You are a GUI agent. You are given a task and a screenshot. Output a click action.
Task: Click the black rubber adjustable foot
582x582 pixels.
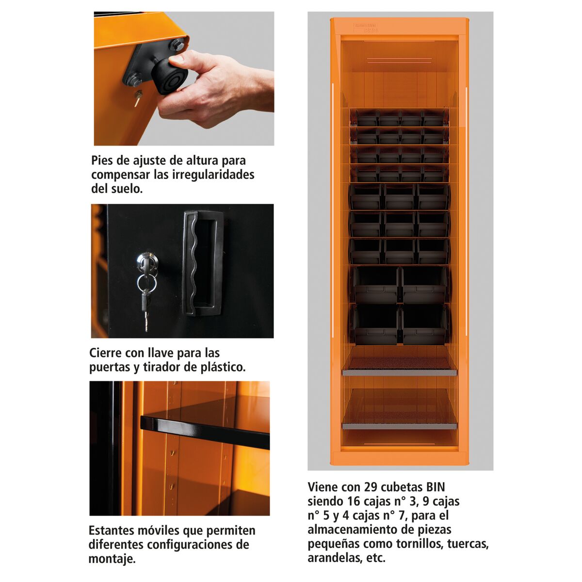click(x=169, y=76)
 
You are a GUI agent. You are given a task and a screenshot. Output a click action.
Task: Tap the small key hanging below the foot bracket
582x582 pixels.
click(x=138, y=97)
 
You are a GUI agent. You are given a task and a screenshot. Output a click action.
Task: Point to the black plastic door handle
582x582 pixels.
click(x=203, y=263)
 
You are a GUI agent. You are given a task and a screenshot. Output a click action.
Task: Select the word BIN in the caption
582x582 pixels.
click(x=436, y=487)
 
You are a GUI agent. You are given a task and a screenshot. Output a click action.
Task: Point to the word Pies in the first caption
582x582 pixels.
click(x=102, y=161)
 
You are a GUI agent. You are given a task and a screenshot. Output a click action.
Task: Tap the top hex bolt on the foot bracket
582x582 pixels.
click(x=178, y=45)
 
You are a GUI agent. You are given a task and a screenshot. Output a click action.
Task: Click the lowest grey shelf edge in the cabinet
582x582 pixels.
click(x=399, y=426)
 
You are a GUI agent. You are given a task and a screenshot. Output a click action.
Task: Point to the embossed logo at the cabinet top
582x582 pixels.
click(x=366, y=28)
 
